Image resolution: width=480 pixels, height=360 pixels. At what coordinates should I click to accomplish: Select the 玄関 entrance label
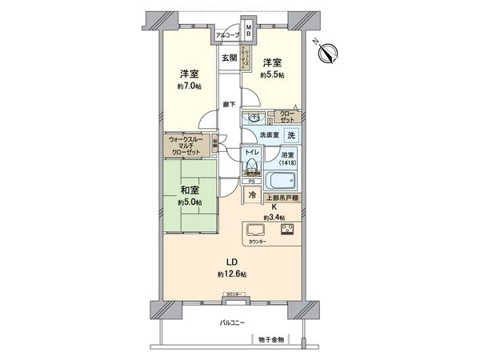pyautogui.click(x=229, y=58)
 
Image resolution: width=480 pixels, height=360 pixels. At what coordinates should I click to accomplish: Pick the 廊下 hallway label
pyautogui.click(x=229, y=105)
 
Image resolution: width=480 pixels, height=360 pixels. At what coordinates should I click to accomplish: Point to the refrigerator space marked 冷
pyautogui.click(x=250, y=194)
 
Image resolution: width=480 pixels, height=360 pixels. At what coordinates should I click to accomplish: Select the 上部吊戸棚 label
pyautogui.click(x=282, y=198)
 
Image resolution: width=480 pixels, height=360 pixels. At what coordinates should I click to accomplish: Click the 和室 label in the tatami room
pyautogui.click(x=189, y=190)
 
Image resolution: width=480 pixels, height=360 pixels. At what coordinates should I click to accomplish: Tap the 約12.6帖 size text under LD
pyautogui.click(x=231, y=274)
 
